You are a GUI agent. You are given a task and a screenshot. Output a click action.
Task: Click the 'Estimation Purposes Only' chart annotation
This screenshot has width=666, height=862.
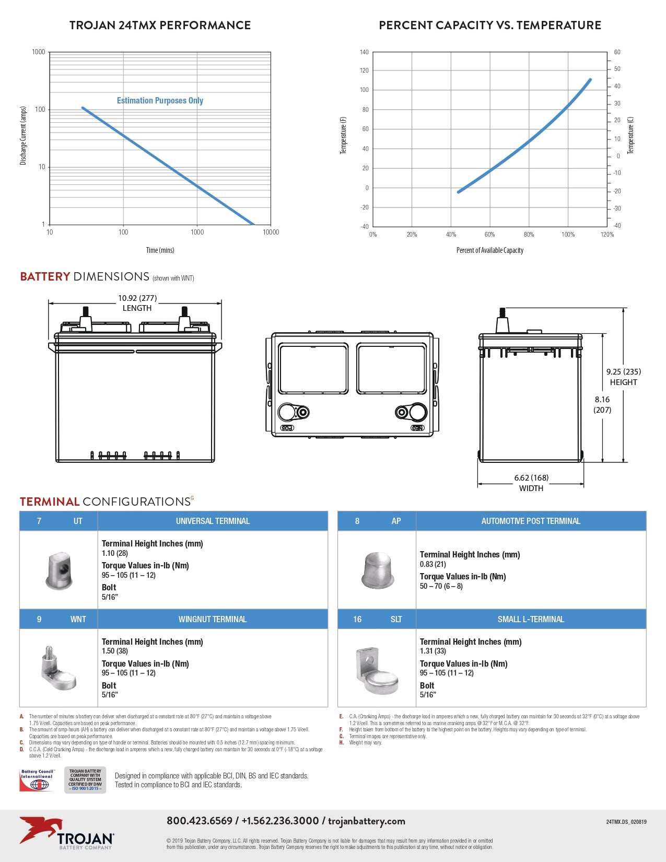click(x=160, y=100)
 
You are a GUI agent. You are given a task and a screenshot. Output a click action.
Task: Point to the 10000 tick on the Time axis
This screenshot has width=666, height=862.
click(x=271, y=232)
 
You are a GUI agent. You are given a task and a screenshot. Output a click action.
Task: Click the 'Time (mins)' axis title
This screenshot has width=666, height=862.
click(x=160, y=250)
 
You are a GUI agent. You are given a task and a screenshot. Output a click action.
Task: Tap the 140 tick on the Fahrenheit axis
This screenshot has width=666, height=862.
click(x=364, y=52)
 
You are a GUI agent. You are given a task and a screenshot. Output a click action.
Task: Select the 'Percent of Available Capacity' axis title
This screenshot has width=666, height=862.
click(x=489, y=250)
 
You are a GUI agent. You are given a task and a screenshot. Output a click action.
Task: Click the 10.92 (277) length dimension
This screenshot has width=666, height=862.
click(x=137, y=298)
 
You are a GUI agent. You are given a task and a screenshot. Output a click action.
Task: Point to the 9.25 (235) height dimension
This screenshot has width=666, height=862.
click(x=623, y=372)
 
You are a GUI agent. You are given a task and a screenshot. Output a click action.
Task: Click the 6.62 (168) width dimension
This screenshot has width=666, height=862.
click(x=531, y=477)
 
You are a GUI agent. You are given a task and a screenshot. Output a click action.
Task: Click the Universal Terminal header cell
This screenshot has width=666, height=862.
click(x=213, y=521)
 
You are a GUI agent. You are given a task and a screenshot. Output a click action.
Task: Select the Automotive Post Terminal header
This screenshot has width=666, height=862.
click(x=531, y=521)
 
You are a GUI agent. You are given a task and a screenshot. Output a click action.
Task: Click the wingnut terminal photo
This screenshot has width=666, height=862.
click(x=58, y=668)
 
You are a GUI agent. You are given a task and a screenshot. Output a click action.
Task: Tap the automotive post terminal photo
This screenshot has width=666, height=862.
click(x=377, y=570)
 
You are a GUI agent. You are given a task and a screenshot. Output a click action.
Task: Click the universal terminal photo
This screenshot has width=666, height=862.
click(x=59, y=570)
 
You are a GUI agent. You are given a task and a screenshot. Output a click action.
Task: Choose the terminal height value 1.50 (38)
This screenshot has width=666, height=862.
click(x=115, y=651)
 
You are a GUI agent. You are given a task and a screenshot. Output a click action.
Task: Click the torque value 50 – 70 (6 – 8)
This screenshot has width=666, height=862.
click(x=441, y=586)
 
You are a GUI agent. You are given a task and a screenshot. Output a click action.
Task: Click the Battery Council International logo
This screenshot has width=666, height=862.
click(x=37, y=780)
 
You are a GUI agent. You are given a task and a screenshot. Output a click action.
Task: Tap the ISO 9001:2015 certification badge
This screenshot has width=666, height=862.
click(x=85, y=780)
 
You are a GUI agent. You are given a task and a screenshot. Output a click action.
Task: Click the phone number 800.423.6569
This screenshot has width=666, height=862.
click(x=200, y=821)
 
